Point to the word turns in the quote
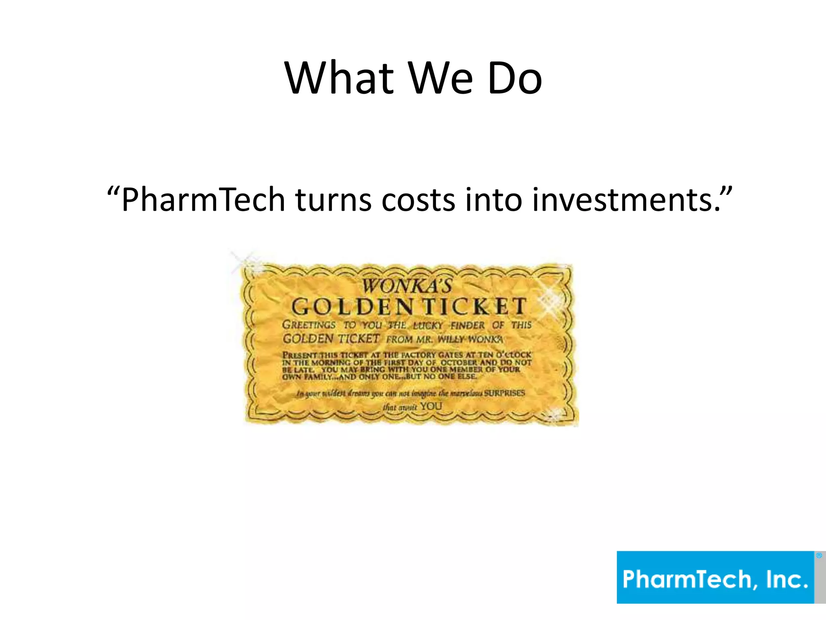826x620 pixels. [333, 199]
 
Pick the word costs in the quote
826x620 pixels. [418, 199]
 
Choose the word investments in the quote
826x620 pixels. [625, 199]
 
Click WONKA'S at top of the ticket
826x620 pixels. [407, 286]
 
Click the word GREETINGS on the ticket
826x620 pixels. [309, 325]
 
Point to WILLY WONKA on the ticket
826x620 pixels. [470, 339]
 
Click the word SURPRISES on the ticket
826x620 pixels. [504, 393]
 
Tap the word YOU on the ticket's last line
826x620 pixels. [431, 406]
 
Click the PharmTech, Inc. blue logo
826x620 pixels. [715, 577]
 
